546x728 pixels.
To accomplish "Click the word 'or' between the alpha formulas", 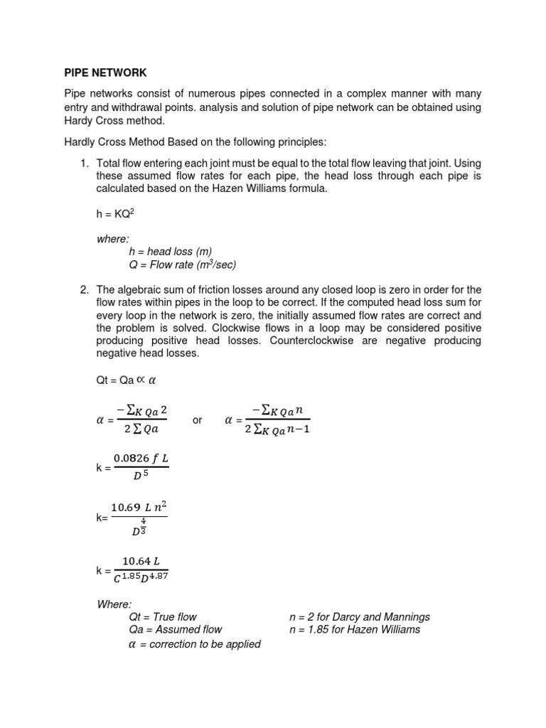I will (x=198, y=420).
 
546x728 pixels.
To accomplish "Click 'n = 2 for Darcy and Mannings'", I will (x=359, y=616).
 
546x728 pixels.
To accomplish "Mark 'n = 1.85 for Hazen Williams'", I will (x=354, y=629).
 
